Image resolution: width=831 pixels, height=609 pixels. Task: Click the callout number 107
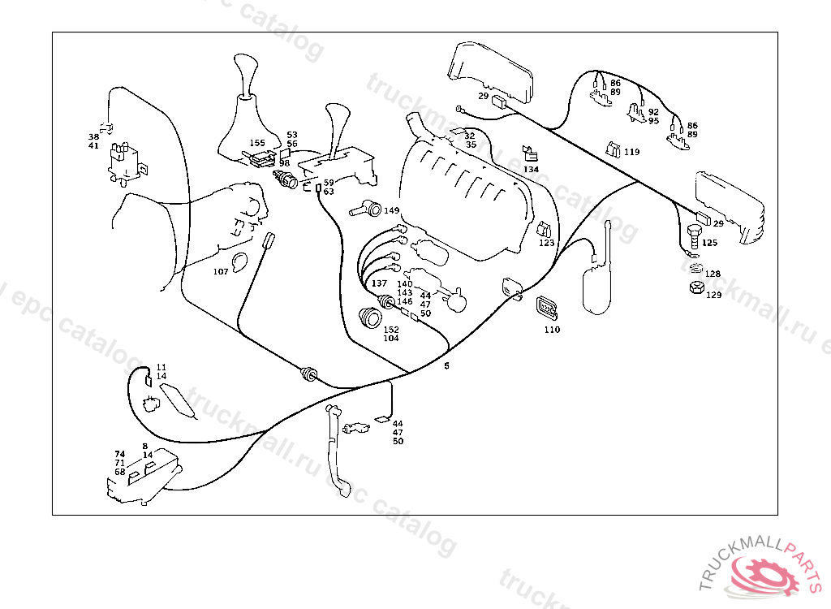(x=221, y=271)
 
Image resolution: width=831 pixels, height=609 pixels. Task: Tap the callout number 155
(x=257, y=143)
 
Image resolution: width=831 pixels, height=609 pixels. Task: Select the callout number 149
(x=392, y=210)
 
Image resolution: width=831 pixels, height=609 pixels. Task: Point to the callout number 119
(x=631, y=152)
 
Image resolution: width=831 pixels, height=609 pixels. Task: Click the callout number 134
(x=531, y=170)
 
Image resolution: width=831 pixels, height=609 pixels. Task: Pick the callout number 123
(x=546, y=243)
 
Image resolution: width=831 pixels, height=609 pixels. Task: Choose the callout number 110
(x=552, y=330)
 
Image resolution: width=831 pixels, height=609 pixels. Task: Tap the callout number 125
(x=710, y=243)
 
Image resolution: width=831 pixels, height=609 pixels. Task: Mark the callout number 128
(x=712, y=274)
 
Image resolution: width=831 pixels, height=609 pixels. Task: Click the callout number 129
(x=713, y=295)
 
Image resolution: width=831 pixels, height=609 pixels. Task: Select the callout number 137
(x=379, y=283)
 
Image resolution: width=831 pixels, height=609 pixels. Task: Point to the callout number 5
(x=446, y=365)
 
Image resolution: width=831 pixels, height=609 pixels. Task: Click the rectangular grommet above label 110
(x=546, y=309)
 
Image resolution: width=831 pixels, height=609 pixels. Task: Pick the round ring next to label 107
(x=240, y=262)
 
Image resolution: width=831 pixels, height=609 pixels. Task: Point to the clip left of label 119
(x=614, y=149)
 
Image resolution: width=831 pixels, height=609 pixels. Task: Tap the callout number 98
(x=284, y=163)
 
